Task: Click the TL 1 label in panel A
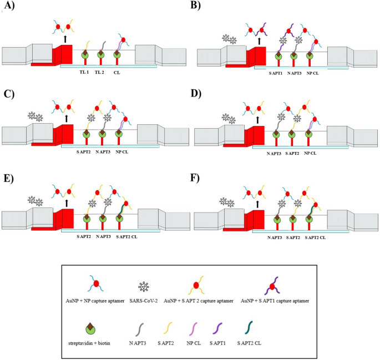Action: coord(85,72)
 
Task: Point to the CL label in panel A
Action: coord(116,72)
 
